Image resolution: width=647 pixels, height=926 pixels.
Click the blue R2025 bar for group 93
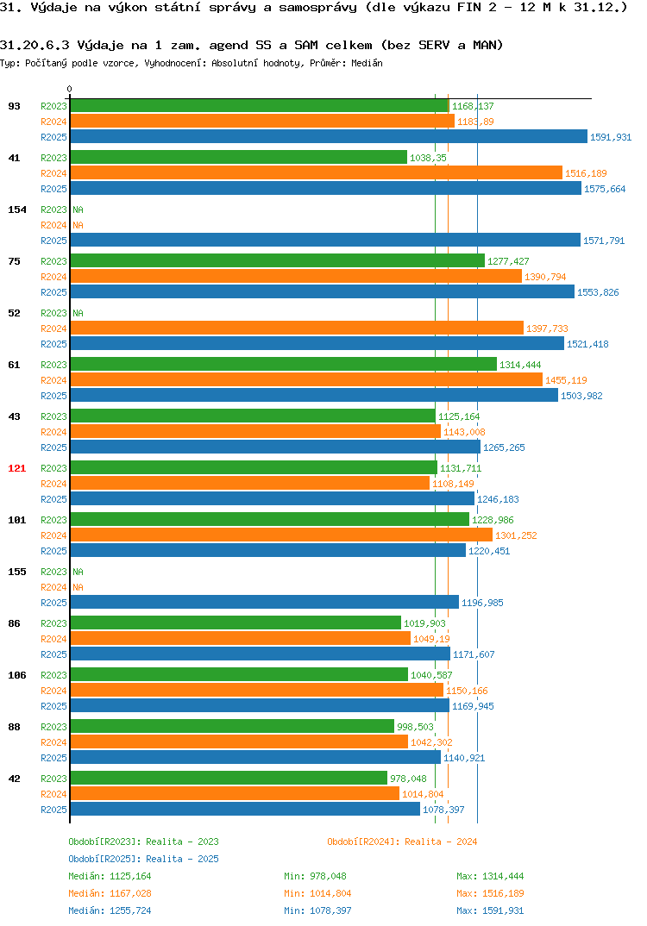(x=329, y=136)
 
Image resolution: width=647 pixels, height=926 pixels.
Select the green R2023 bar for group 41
(x=239, y=157)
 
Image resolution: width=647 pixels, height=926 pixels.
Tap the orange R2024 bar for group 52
(x=297, y=328)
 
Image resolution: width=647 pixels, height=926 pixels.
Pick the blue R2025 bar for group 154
(x=325, y=240)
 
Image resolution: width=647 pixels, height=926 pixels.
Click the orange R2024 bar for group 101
(x=281, y=535)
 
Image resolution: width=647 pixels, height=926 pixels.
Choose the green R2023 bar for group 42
(x=229, y=778)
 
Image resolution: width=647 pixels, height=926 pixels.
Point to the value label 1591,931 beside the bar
(x=611, y=137)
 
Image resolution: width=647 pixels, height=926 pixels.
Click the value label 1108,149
(x=453, y=484)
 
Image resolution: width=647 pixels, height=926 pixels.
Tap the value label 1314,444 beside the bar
(x=520, y=365)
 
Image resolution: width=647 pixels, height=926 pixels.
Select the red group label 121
(x=17, y=468)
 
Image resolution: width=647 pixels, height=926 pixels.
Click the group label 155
(x=17, y=572)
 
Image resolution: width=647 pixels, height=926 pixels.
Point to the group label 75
(x=14, y=261)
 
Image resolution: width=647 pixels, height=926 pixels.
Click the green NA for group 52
(x=78, y=313)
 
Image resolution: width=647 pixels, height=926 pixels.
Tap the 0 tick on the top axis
(x=70, y=89)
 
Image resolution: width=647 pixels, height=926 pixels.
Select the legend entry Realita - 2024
(x=402, y=842)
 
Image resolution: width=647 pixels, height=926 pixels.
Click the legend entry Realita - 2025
(x=143, y=859)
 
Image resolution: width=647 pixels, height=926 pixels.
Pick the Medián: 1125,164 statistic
(x=110, y=876)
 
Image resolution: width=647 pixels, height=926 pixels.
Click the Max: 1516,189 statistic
(x=490, y=893)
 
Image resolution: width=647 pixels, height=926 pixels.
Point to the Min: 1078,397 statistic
(x=317, y=910)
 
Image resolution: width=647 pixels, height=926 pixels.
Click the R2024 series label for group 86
(x=53, y=639)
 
